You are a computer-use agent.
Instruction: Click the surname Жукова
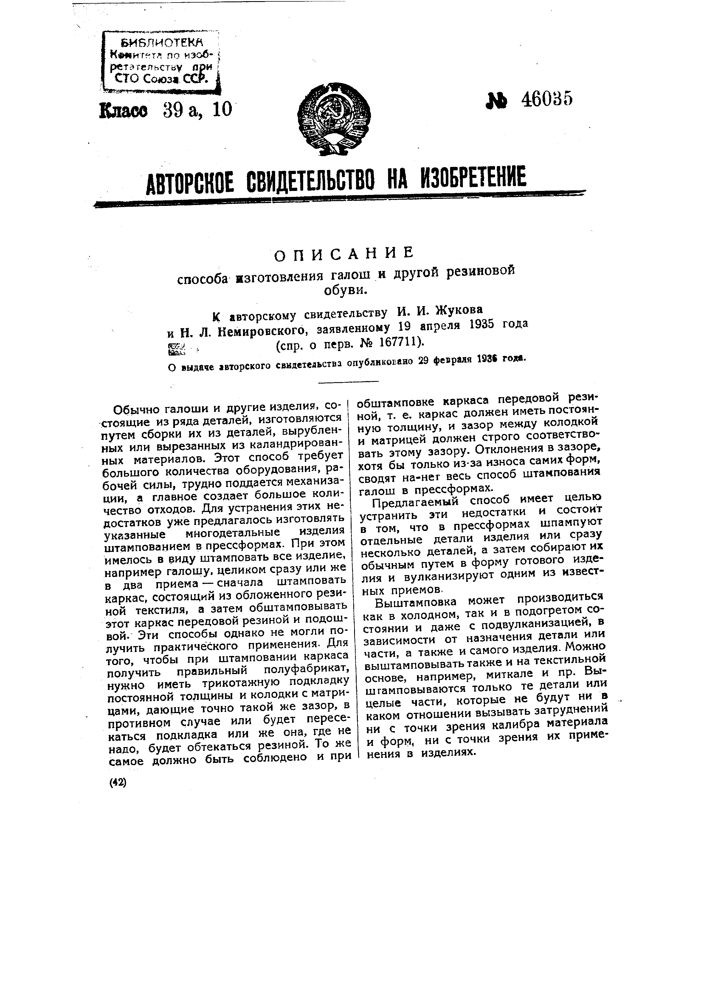[x=458, y=311]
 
